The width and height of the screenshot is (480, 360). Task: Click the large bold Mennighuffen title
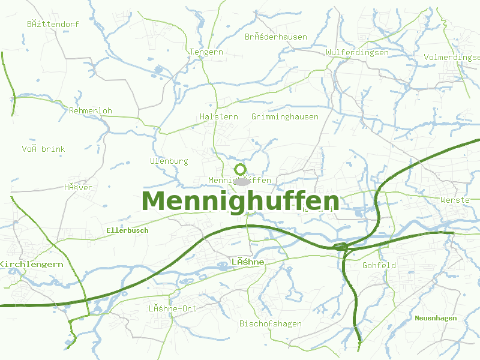coord(240,202)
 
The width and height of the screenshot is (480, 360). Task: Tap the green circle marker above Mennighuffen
coord(240,169)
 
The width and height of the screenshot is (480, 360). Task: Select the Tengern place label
coord(206,52)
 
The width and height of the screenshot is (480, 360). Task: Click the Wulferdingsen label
coord(357,53)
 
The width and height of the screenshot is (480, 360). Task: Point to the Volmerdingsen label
coord(452,57)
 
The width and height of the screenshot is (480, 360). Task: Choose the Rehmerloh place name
coord(91,111)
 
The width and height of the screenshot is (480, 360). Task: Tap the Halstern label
coord(218,116)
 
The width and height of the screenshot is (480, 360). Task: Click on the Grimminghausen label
coord(285,116)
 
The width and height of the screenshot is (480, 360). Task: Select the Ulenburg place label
coord(169,161)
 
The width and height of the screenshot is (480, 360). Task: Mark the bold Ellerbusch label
coord(127,230)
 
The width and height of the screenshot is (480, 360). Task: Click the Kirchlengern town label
coord(31,265)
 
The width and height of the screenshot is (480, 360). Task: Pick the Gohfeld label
coord(379,265)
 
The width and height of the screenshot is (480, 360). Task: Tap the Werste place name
coord(455,200)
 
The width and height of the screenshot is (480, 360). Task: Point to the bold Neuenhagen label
coord(436,318)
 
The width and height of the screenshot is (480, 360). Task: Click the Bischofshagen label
coord(270,324)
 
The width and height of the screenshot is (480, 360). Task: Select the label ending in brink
coord(44,149)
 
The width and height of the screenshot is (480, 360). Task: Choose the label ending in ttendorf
coord(53,25)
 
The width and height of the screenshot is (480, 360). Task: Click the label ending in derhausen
coord(276,37)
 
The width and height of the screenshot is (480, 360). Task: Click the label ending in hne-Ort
coord(173,308)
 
